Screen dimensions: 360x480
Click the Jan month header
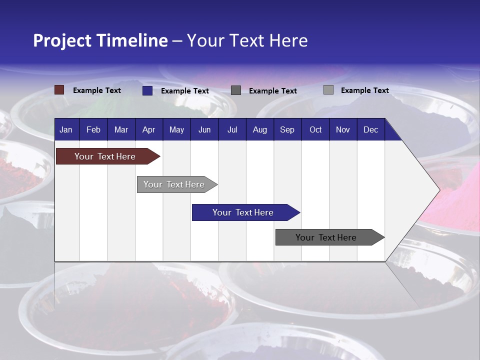(66, 129)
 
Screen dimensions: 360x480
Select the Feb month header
(93, 129)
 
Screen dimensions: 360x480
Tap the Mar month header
(121, 129)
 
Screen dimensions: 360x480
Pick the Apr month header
(148, 129)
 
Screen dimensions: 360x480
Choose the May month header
(176, 129)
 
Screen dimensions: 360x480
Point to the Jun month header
(204, 129)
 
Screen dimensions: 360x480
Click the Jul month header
(232, 129)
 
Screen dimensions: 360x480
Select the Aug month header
(259, 129)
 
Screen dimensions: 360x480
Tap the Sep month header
(287, 129)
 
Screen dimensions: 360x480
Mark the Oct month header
(315, 129)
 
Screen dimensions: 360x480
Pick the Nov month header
(343, 129)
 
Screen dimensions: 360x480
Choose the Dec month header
(370, 129)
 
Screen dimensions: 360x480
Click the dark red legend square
(59, 90)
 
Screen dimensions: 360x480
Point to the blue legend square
(147, 90)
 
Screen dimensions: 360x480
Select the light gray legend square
(328, 90)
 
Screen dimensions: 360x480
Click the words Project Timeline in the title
(100, 40)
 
